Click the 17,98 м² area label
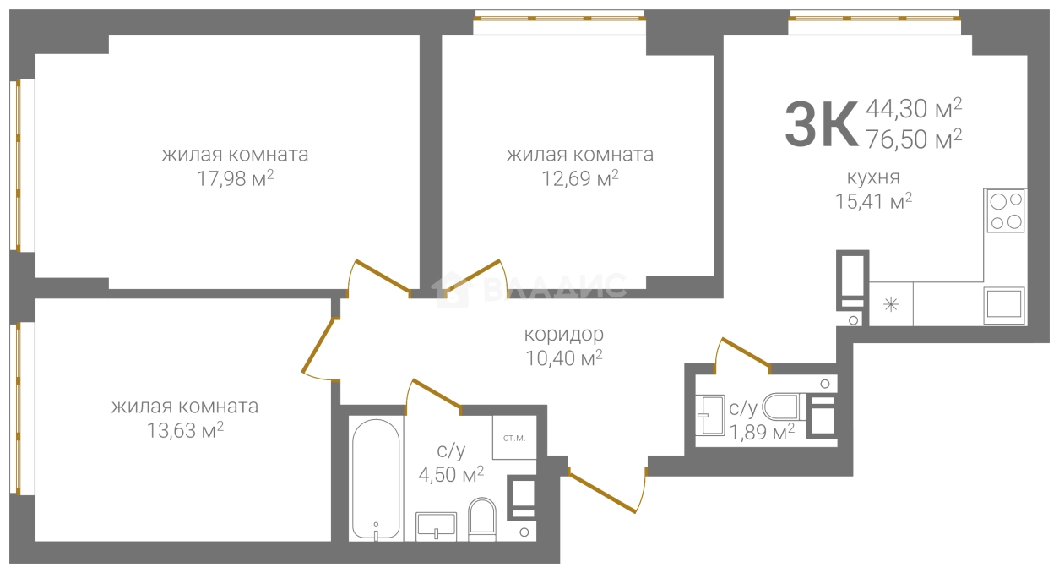point(235,179)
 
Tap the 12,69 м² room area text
point(579,179)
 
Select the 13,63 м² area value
point(185,430)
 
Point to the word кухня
point(872,177)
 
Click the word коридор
point(563,334)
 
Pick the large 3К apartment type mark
point(821,124)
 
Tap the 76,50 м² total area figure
point(914,139)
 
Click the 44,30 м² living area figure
point(914,109)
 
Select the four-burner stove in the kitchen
point(1005,210)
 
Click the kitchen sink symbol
point(1004,305)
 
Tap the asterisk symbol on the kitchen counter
point(891,304)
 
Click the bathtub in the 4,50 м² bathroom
point(376,479)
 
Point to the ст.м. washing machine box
point(514,438)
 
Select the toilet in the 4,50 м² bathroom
point(481,519)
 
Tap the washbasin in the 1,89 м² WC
point(710,414)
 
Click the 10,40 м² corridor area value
point(564,358)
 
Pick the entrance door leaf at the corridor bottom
point(602,492)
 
